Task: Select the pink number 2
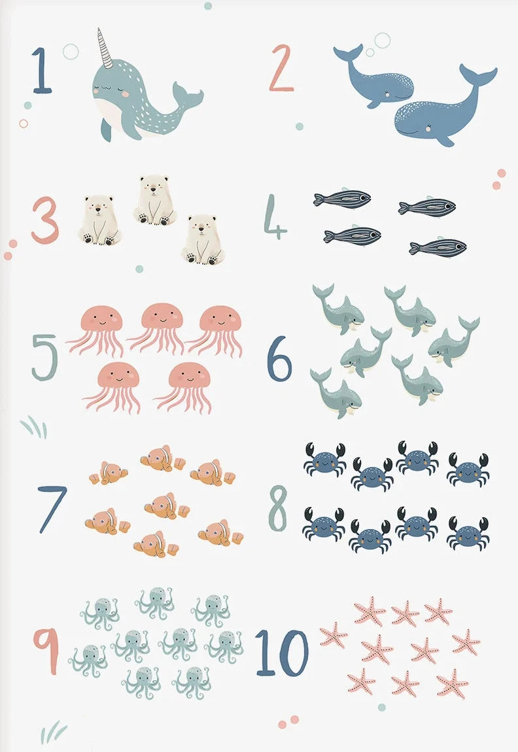(281, 67)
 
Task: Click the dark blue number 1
(41, 70)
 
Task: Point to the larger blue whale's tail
(478, 77)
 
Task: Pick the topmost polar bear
(154, 200)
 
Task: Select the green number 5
(44, 358)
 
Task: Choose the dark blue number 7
(52, 509)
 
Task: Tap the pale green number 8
(278, 508)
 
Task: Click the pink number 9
(46, 651)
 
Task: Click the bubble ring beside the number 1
(71, 51)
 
